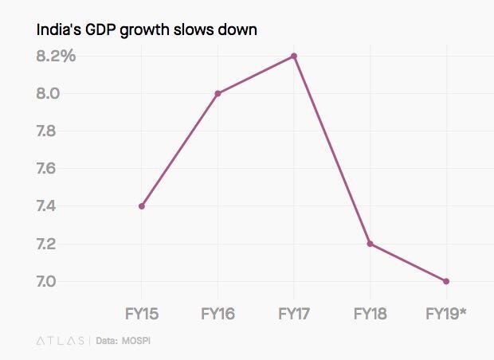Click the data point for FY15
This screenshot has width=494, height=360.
(141, 206)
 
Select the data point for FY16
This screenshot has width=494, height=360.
(218, 93)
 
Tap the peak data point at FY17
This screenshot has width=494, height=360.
(294, 56)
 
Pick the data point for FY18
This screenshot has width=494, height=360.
(370, 244)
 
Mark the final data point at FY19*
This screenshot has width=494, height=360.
(446, 281)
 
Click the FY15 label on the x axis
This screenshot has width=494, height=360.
(142, 314)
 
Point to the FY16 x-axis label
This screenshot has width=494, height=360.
(218, 314)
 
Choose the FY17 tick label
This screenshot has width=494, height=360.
(294, 314)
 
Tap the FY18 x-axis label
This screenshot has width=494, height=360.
(370, 314)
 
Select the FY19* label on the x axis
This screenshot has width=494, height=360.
(447, 314)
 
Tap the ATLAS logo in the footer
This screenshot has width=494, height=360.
(61, 341)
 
